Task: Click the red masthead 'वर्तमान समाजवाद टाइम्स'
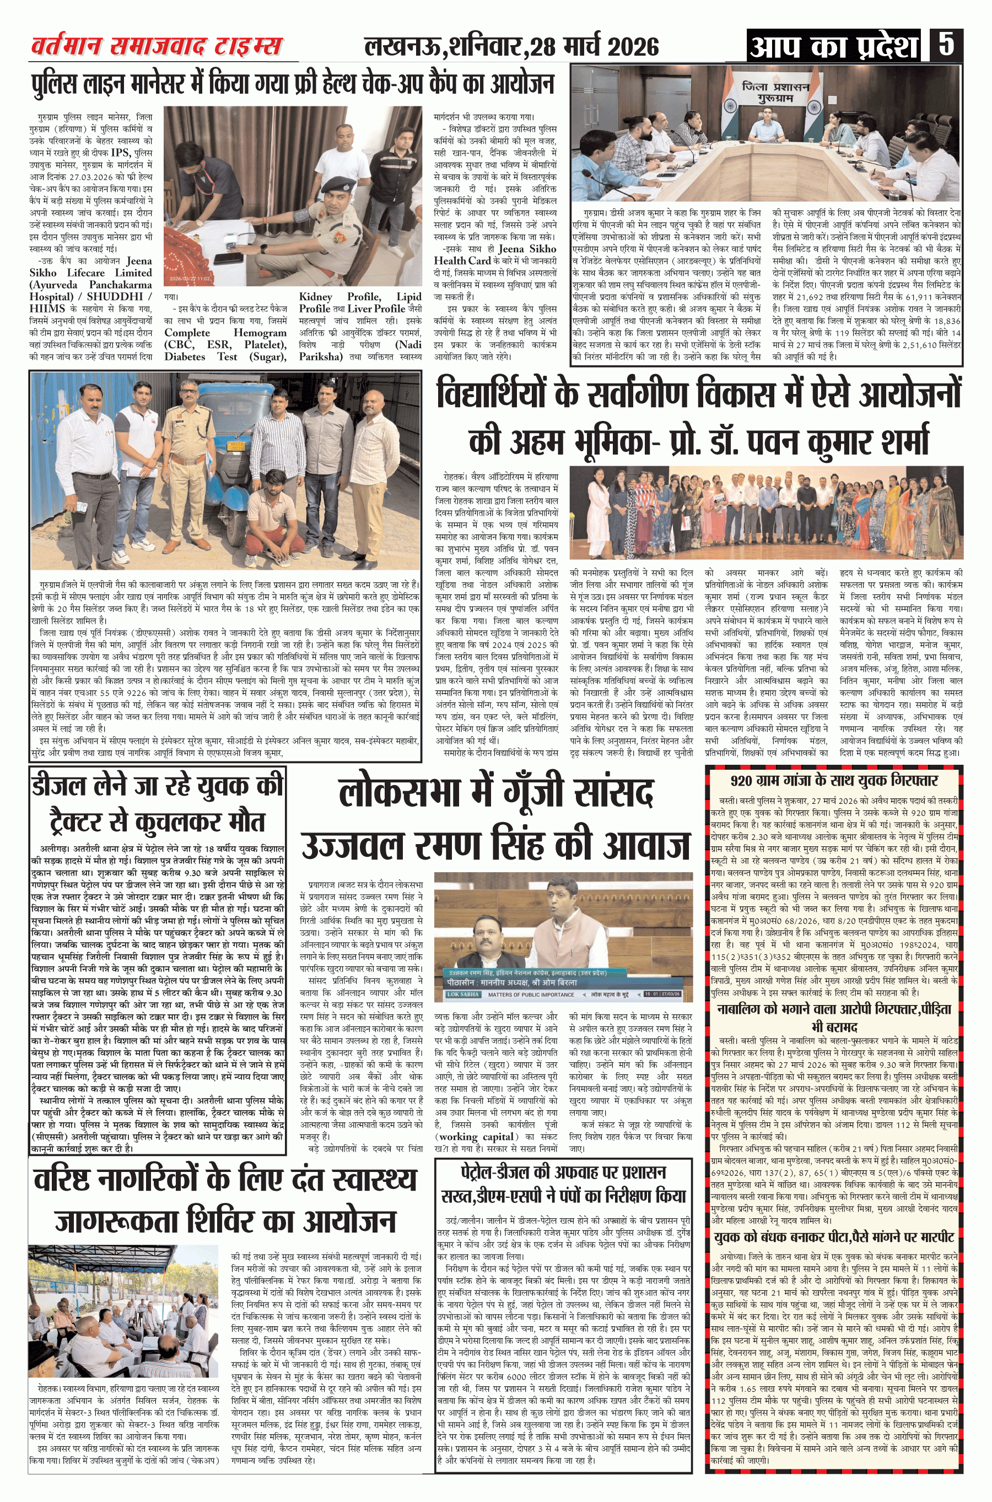pos(157,46)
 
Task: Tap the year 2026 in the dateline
pos(629,47)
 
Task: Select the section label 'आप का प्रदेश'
pos(833,46)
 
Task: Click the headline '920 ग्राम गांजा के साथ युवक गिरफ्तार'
pos(833,780)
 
